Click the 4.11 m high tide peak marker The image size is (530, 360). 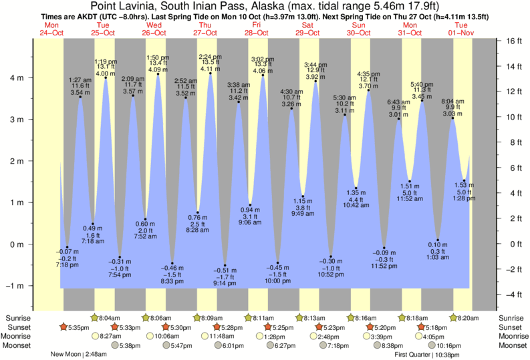(x=211, y=73)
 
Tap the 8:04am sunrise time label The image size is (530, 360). (x=110, y=318)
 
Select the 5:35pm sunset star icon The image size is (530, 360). (x=63, y=327)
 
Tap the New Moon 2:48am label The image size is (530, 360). (x=79, y=355)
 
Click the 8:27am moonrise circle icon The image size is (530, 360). (x=94, y=336)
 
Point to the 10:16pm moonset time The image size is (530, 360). (x=449, y=345)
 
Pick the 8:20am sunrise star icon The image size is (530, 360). (x=454, y=318)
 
